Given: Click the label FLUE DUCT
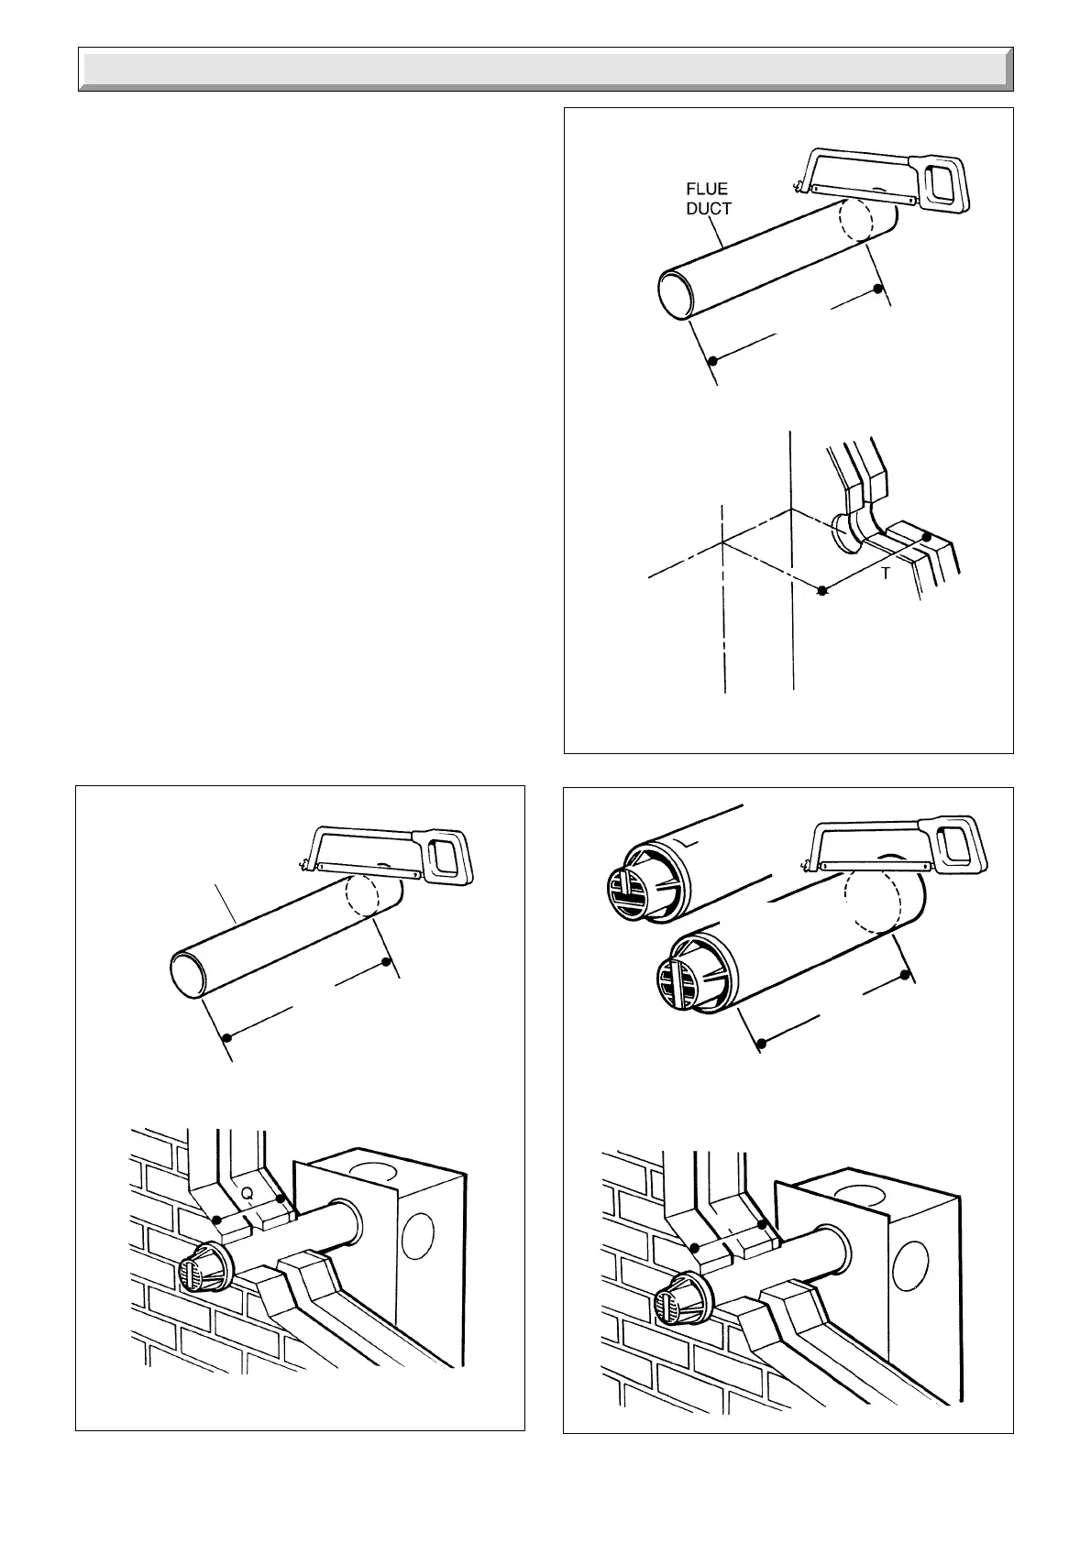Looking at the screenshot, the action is coord(709,199).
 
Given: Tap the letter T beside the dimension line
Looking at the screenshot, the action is coord(885,574).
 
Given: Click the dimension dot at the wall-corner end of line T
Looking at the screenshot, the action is coord(822,591).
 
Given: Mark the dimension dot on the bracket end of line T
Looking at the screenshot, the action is coord(927,537).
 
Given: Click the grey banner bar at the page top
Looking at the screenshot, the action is coord(545,70).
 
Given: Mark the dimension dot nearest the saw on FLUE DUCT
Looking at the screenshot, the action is coord(878,289).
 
